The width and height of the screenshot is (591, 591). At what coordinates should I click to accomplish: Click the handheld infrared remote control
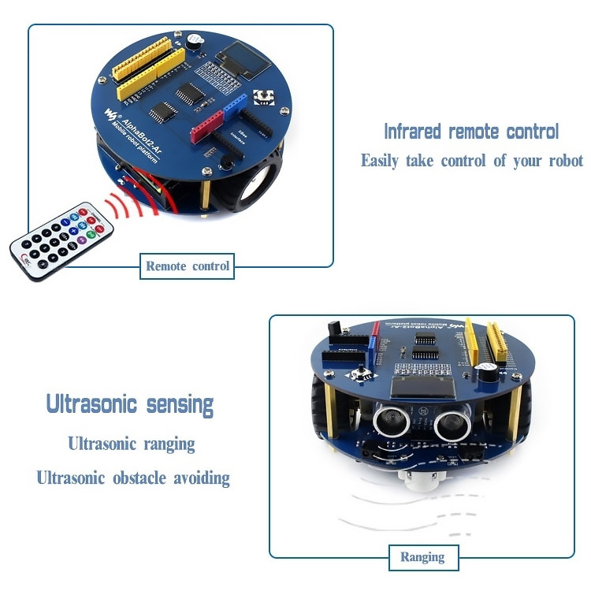point(61,241)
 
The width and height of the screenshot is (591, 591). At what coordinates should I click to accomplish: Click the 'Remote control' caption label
point(188,266)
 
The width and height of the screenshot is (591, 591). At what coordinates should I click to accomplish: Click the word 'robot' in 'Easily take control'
point(563,161)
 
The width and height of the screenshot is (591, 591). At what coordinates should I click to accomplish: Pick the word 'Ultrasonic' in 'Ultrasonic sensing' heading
point(93,405)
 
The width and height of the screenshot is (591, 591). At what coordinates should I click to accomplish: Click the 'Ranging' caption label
point(422,557)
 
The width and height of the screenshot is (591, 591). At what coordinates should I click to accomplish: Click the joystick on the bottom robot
point(364,374)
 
